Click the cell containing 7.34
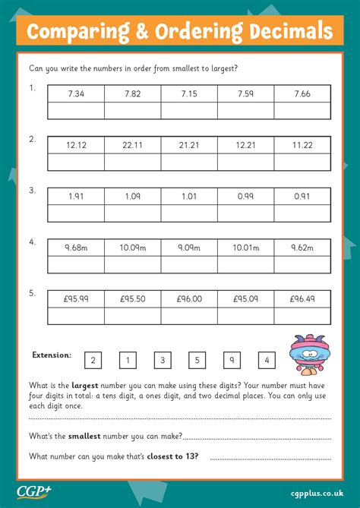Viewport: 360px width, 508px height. click(76, 93)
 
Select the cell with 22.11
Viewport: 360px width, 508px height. click(132, 144)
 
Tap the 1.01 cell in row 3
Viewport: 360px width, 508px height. click(189, 196)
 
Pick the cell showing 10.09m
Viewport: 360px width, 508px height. click(132, 247)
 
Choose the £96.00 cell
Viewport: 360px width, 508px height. click(189, 298)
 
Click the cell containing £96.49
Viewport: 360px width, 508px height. click(302, 298)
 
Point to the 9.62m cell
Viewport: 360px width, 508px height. click(302, 247)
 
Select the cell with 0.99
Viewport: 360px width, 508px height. click(245, 196)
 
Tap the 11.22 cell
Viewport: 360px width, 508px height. click(302, 144)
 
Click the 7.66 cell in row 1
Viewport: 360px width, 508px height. click(302, 93)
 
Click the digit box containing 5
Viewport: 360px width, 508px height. click(197, 360)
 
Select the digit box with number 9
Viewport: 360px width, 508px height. click(232, 360)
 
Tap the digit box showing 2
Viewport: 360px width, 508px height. click(93, 360)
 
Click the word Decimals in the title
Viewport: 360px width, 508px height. click(289, 32)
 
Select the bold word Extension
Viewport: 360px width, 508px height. click(52, 355)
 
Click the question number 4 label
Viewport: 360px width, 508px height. click(33, 241)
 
